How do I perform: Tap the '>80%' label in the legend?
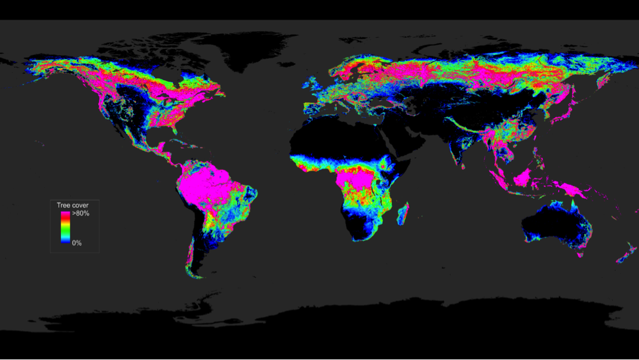[81, 214]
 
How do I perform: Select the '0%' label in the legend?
[77, 243]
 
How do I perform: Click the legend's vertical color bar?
[65, 228]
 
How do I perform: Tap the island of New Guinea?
[570, 190]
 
